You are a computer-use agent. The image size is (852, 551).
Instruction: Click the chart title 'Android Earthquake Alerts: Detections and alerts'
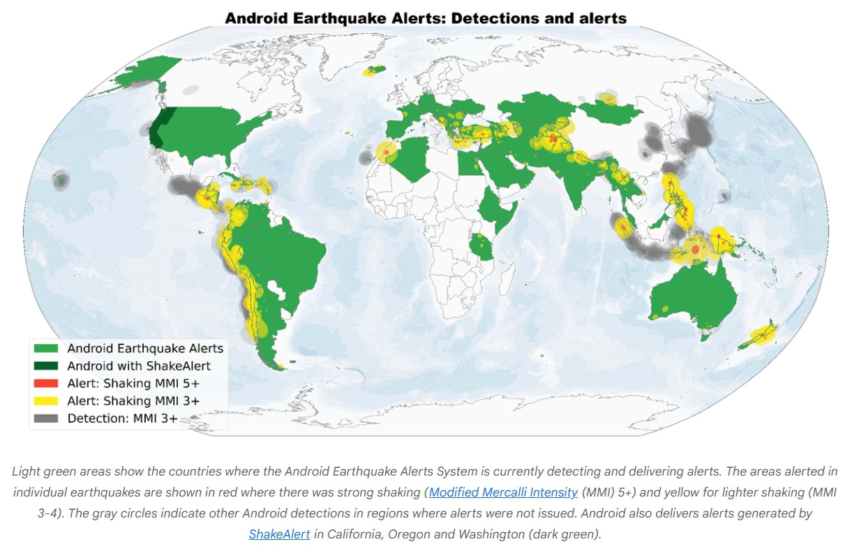click(x=426, y=18)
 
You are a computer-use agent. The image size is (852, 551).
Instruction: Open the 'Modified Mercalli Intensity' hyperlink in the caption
click(x=503, y=492)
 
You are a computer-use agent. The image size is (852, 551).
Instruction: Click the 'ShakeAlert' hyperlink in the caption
click(x=279, y=534)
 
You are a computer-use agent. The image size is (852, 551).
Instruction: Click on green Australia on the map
click(x=691, y=297)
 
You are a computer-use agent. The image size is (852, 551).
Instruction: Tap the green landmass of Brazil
click(x=286, y=251)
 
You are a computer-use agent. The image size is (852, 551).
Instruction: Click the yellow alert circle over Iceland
click(x=373, y=71)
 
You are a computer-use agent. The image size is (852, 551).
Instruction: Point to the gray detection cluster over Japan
click(x=696, y=129)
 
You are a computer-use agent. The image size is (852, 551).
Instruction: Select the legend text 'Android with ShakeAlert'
click(x=139, y=365)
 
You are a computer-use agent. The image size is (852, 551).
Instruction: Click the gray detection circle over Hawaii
click(x=59, y=182)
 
